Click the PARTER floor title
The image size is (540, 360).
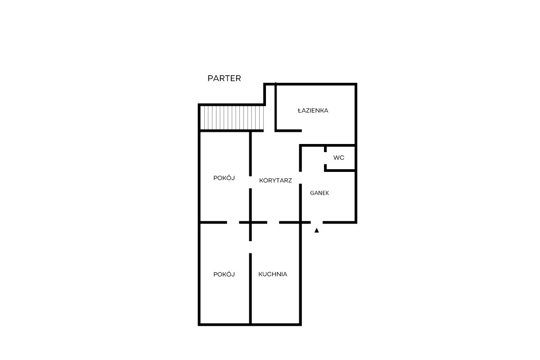(224, 78)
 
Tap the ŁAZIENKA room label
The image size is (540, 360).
(313, 110)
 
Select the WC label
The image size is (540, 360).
(339, 157)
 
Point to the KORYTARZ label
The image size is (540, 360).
(275, 180)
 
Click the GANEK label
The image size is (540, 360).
(319, 193)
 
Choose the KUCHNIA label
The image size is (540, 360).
(273, 274)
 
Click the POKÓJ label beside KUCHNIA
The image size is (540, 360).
(224, 274)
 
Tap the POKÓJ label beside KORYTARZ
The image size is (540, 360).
(224, 178)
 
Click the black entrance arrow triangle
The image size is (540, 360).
(316, 230)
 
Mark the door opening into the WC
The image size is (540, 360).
(325, 158)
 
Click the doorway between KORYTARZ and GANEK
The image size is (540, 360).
(301, 178)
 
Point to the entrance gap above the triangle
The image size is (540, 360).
(317, 222)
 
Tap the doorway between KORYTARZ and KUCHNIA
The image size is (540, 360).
(273, 222)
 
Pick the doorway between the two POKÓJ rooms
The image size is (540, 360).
(233, 222)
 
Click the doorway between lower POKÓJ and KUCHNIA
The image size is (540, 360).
(251, 247)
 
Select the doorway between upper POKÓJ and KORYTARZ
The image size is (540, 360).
(251, 182)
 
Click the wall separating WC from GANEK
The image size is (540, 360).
(340, 171)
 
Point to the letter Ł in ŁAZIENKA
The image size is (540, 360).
(300, 110)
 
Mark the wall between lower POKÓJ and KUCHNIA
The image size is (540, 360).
(251, 288)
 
